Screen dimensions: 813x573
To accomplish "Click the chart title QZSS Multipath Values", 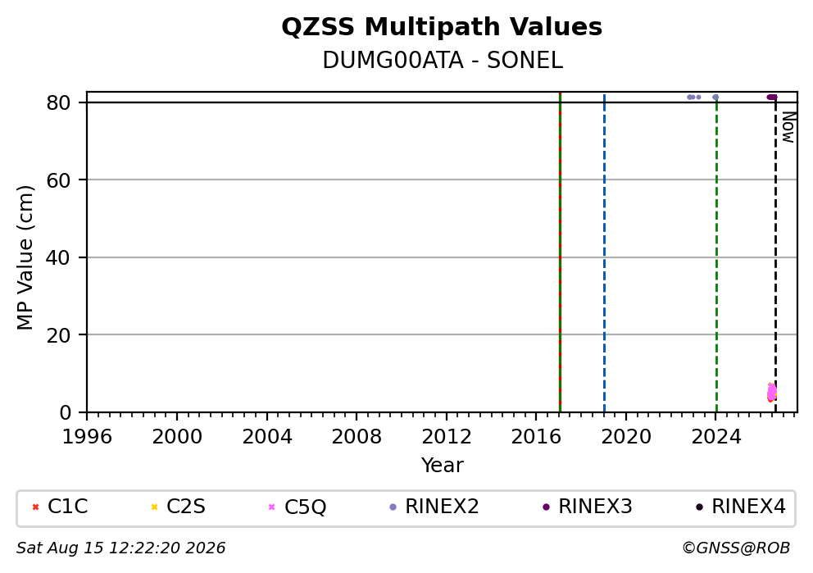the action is pos(442,27).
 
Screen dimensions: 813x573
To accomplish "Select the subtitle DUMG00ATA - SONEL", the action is pos(443,61).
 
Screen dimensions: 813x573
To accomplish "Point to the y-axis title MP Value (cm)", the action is pos(25,257).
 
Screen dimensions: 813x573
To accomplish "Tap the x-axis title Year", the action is pos(443,465).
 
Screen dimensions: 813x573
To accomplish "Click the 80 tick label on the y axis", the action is pos(58,102).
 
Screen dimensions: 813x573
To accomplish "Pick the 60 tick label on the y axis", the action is pos(58,180).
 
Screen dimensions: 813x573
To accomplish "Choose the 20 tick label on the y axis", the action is pos(58,335).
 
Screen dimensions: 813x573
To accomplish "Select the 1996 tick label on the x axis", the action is pos(87,437).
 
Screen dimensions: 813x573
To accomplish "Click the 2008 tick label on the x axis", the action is pos(357,437).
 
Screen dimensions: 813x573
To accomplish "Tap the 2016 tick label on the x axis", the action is pos(536,437).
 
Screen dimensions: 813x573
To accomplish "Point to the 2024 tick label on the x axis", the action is pos(716,437).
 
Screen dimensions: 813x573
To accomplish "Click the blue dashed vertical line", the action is pos(604,253).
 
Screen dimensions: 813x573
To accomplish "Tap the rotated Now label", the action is pos(788,127).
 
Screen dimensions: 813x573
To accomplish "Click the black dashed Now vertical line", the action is pos(775,254).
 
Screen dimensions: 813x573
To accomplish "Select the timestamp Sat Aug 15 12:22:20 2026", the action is pos(120,548).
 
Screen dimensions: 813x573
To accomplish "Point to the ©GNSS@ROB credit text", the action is pos(736,548).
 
